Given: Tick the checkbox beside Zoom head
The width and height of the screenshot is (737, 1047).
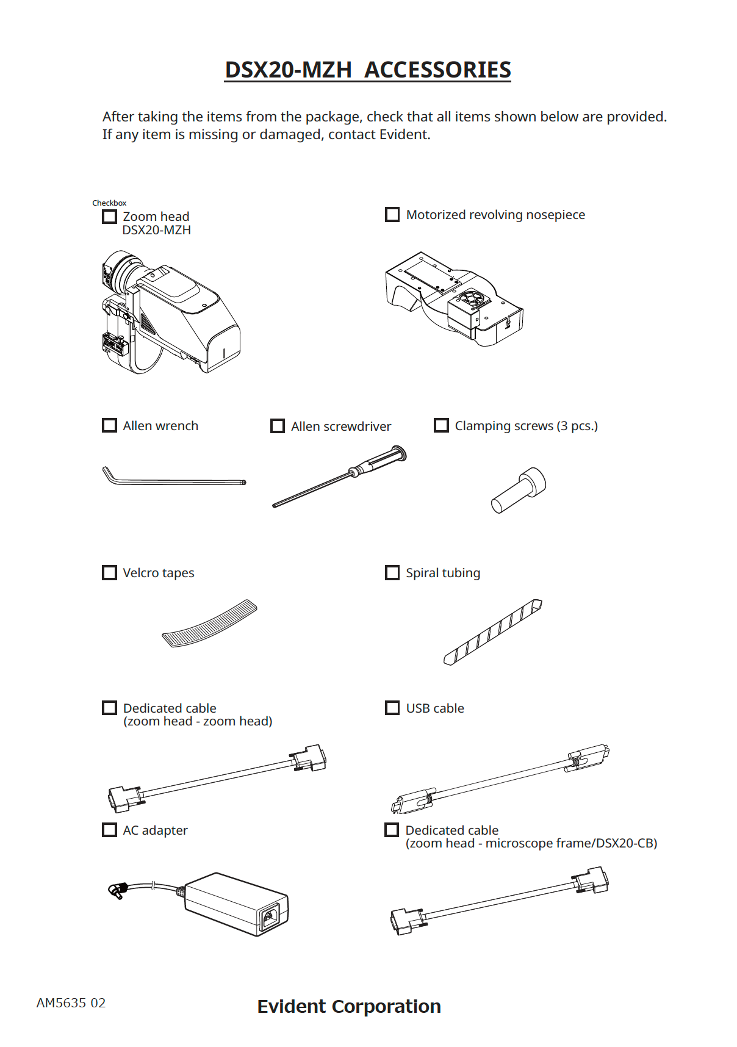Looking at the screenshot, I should pyautogui.click(x=109, y=217).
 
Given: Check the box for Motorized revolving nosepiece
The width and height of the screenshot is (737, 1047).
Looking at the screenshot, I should pyautogui.click(x=392, y=215).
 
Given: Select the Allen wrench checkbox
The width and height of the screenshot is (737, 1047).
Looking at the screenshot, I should pyautogui.click(x=109, y=425).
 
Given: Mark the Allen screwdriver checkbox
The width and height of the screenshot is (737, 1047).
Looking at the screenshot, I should pyautogui.click(x=278, y=426).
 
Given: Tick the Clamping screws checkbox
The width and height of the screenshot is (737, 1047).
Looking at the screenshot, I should pyautogui.click(x=441, y=425).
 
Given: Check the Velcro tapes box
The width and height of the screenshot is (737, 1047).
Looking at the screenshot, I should pyautogui.click(x=109, y=572).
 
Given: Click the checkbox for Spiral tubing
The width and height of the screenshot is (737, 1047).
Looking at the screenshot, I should pyautogui.click(x=392, y=572).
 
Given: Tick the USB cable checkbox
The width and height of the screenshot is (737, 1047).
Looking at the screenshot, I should pyautogui.click(x=392, y=708).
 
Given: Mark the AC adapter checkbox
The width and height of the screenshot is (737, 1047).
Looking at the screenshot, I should pyautogui.click(x=109, y=830).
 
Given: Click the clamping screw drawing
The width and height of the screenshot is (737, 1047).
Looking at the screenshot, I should pyautogui.click(x=519, y=491).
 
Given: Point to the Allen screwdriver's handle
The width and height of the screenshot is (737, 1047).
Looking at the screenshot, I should pyautogui.click(x=381, y=461).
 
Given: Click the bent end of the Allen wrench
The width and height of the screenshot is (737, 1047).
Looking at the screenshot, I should pyautogui.click(x=109, y=474).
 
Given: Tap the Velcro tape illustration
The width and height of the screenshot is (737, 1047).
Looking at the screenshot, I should pyautogui.click(x=209, y=624).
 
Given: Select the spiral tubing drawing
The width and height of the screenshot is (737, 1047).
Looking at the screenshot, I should pyautogui.click(x=493, y=632).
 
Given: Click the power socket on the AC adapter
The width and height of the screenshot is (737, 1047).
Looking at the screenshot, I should pyautogui.click(x=270, y=916).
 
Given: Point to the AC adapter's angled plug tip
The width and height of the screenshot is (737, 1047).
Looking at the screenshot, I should pyautogui.click(x=115, y=891).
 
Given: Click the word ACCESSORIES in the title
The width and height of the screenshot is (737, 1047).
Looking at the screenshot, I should pyautogui.click(x=437, y=70).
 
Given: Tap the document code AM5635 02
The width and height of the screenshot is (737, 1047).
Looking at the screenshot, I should pyautogui.click(x=71, y=1003).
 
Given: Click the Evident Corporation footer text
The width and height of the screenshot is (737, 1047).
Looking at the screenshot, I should pyautogui.click(x=349, y=1006).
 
